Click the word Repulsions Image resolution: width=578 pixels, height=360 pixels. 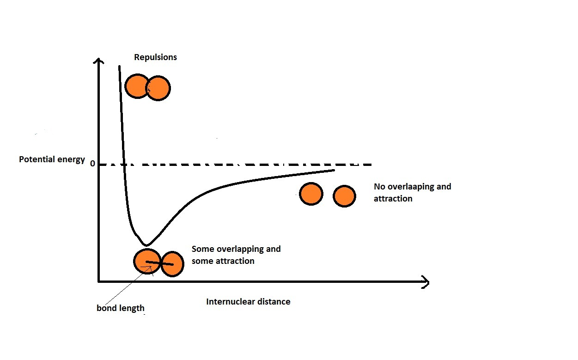[155, 57]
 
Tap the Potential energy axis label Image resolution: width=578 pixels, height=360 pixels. [52, 159]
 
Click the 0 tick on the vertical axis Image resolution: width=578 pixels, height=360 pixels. [92, 164]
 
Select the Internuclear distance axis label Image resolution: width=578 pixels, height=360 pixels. [248, 302]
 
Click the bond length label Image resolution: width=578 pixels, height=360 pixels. [120, 308]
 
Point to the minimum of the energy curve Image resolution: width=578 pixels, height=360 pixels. [146, 244]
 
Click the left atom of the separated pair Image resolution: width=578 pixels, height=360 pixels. [311, 194]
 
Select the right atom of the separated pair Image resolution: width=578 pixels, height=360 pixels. [344, 195]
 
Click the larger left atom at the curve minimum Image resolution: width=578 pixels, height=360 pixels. [146, 261]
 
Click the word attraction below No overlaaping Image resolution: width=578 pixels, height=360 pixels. [393, 199]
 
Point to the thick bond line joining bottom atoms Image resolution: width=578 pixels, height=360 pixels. [160, 263]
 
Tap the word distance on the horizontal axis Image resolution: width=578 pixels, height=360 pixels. [274, 302]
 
